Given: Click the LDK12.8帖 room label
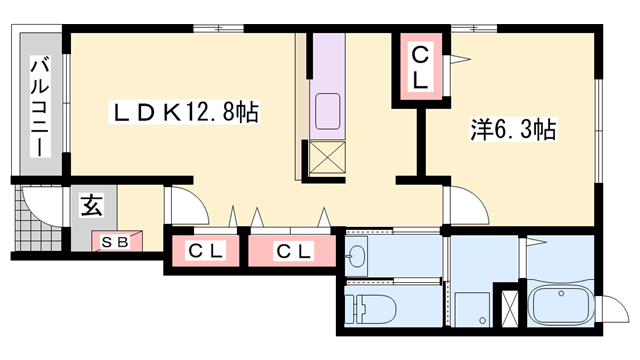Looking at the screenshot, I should coord(184,113).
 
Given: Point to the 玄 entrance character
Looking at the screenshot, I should coord(91,207).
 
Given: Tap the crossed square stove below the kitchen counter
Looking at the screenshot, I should coord(327,157).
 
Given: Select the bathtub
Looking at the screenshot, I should coord(561,304).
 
